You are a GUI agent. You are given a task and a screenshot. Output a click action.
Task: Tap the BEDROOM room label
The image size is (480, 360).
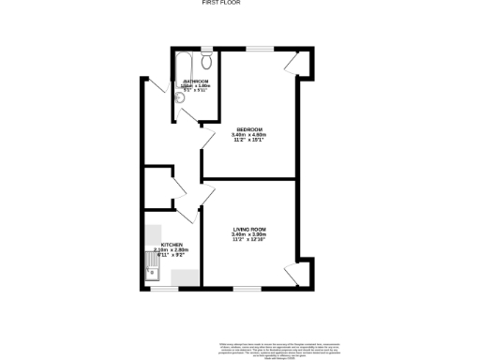[248, 128]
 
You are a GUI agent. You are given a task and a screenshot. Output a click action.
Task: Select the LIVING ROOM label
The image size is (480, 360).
[249, 228]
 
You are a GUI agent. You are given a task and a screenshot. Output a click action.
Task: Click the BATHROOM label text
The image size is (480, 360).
[195, 82]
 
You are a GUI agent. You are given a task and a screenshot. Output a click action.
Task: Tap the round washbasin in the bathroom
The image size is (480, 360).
[180, 113]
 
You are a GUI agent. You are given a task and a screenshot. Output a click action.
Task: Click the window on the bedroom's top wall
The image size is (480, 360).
[260, 47]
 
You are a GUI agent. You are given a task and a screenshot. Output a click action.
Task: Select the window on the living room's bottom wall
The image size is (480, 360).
[248, 289]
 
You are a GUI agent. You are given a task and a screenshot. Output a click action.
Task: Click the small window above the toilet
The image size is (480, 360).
[205, 47]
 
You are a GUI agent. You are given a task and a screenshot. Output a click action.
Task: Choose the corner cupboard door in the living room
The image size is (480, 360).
[294, 275]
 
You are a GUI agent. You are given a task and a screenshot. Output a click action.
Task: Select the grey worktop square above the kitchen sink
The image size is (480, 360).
[152, 232]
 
